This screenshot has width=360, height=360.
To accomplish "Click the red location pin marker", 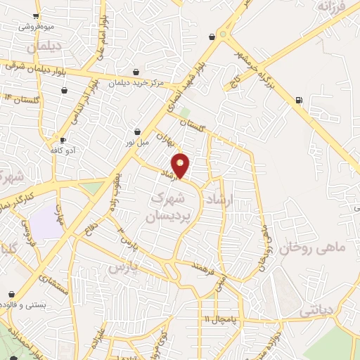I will pos(181,165).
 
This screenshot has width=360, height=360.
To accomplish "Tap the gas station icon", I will pos(300,100).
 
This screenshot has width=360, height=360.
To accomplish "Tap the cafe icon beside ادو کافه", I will pos(63,141).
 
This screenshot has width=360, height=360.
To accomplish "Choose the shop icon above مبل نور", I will pos(137,131).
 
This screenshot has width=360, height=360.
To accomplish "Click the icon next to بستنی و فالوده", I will pos(11,295).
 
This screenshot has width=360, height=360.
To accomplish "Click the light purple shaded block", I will pos(47,223).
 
